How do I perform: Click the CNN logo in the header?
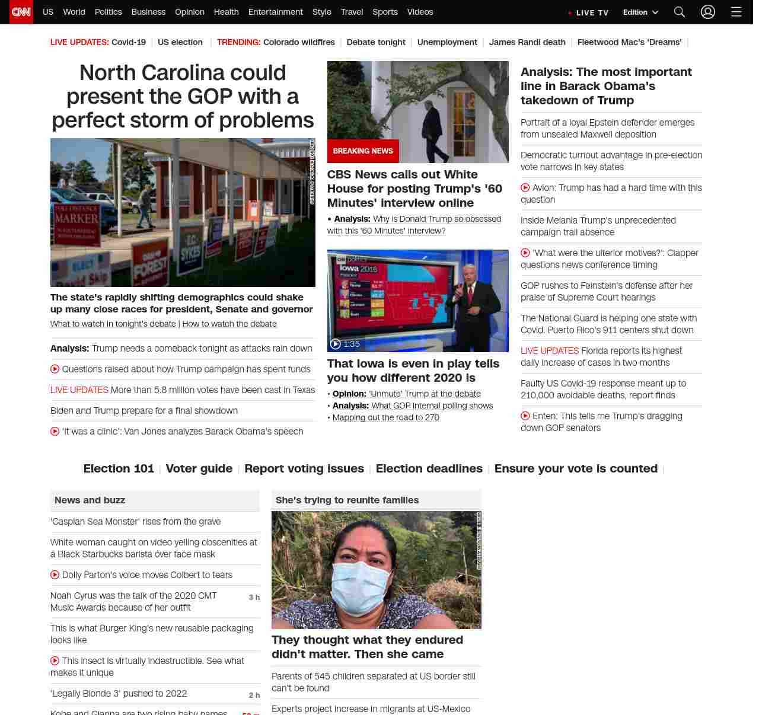pyautogui.click(x=21, y=12)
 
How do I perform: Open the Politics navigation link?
pyautogui.click(x=108, y=12)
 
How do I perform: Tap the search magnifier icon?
pyautogui.click(x=680, y=12)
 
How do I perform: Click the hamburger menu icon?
pyautogui.click(x=736, y=12)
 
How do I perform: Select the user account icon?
pyautogui.click(x=707, y=12)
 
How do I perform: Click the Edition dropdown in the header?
pyautogui.click(x=640, y=12)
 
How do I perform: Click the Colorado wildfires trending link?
pyautogui.click(x=299, y=42)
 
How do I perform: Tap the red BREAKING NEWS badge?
pyautogui.click(x=363, y=151)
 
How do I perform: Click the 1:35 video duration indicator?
pyautogui.click(x=345, y=344)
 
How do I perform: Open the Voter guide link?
pyautogui.click(x=199, y=468)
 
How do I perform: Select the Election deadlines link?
pyautogui.click(x=429, y=468)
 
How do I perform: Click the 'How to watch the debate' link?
pyautogui.click(x=229, y=324)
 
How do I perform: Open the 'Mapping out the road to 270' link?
pyautogui.click(x=385, y=417)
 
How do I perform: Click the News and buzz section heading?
pyautogui.click(x=90, y=500)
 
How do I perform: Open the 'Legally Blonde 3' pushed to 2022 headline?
pyautogui.click(x=119, y=694)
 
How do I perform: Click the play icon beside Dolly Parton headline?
pyautogui.click(x=55, y=574)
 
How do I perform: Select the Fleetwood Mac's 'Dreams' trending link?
pyautogui.click(x=629, y=42)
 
